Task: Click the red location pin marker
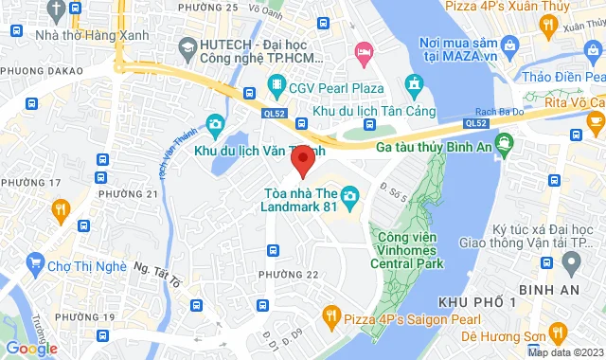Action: point(301,163)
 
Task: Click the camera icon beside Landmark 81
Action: point(350,197)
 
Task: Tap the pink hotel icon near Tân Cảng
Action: point(362,49)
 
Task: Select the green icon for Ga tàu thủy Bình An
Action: point(504,146)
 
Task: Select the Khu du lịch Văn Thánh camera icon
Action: point(215,124)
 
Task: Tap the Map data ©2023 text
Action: point(563,352)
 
